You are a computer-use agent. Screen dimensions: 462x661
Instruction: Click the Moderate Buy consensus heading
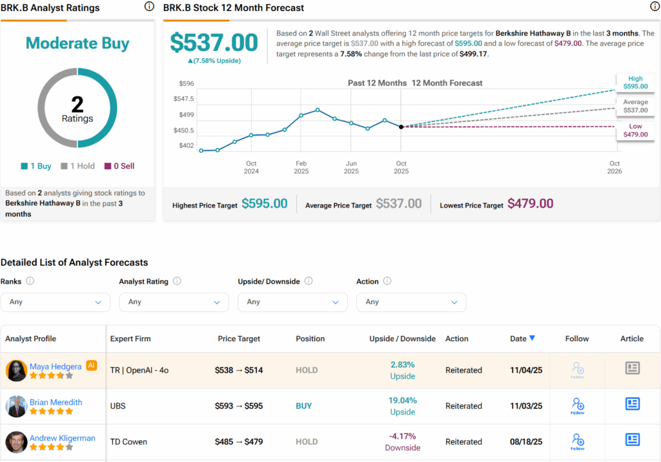pos(77,43)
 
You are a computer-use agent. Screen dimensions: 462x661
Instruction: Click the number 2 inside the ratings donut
pos(77,104)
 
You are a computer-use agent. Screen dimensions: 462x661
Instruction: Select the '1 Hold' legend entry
pos(77,166)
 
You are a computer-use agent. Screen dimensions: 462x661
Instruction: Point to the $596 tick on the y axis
pos(186,83)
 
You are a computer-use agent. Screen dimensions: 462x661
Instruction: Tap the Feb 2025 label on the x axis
pos(301,167)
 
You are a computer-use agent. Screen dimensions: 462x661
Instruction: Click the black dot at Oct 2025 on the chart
pos(401,127)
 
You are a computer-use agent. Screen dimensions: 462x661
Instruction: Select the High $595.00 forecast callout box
pos(635,82)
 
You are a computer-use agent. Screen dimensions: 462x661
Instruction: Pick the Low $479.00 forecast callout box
pos(635,131)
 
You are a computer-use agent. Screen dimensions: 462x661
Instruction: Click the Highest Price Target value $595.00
pos(265,204)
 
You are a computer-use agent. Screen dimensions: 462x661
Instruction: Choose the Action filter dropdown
pos(411,302)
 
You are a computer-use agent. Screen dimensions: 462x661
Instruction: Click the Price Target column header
pos(239,339)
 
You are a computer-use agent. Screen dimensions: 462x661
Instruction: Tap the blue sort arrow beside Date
pos(532,338)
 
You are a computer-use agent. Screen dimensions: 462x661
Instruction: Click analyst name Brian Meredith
pos(56,402)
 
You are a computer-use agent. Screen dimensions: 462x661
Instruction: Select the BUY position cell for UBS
pos(304,406)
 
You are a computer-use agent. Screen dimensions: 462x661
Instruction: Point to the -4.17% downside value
pos(403,436)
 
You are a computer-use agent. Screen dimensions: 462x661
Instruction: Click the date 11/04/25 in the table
pos(526,370)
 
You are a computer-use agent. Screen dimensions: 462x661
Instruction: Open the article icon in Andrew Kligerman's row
pos(632,439)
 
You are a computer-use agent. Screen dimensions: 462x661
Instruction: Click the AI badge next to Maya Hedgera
pos(91,365)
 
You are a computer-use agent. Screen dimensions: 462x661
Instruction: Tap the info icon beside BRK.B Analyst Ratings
pos(149,6)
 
